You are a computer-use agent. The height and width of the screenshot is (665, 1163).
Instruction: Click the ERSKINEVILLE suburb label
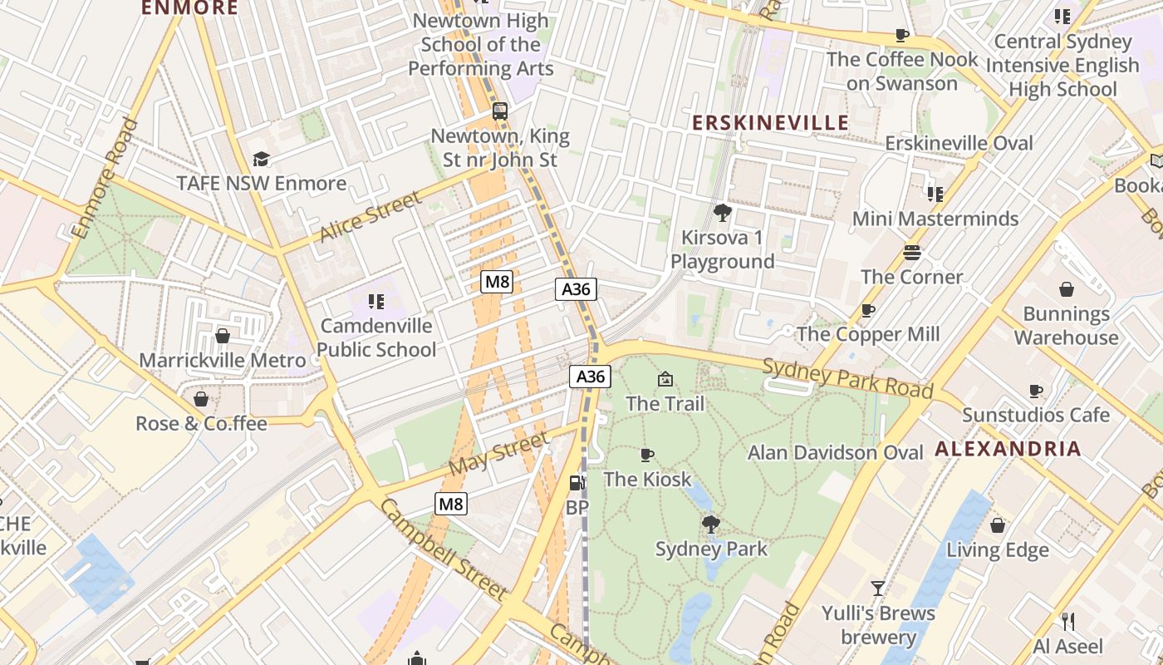(x=770, y=123)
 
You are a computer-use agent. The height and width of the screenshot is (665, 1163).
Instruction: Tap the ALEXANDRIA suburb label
(x=1008, y=450)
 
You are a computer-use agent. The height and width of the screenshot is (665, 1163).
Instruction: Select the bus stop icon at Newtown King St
(x=500, y=111)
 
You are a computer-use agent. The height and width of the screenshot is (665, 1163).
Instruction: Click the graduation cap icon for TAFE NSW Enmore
(x=262, y=159)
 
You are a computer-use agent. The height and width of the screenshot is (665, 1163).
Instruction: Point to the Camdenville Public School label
(x=376, y=337)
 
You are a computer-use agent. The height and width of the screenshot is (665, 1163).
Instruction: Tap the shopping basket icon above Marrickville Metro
(x=223, y=336)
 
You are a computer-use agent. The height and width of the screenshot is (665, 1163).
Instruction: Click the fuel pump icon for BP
(x=577, y=483)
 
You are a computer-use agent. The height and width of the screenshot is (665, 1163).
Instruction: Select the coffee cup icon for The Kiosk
(x=647, y=455)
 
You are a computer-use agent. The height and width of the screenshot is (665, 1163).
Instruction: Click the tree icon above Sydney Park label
(x=710, y=525)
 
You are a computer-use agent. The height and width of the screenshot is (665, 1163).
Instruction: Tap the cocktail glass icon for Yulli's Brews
(x=878, y=589)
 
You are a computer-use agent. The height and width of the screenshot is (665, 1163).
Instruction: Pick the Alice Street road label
(x=370, y=216)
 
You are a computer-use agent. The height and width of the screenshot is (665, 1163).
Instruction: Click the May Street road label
(x=498, y=453)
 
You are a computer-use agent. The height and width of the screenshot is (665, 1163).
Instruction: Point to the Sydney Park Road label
(x=847, y=378)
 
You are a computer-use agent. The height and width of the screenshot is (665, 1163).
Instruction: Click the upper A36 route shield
(x=576, y=289)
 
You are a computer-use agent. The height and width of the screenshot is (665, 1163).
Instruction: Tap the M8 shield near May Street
(x=451, y=503)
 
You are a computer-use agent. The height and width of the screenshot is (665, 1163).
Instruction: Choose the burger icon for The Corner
(x=912, y=253)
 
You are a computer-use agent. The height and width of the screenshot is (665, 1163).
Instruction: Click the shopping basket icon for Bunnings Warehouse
(x=1067, y=289)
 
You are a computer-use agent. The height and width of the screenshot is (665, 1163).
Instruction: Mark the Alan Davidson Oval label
(x=835, y=452)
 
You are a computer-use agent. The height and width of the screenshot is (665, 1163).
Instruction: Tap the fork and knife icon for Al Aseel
(x=1068, y=621)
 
